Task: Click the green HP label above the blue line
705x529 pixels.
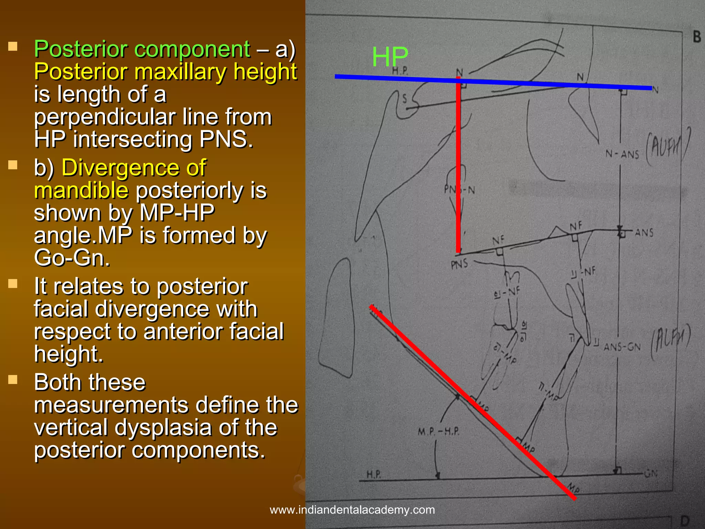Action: tap(390, 57)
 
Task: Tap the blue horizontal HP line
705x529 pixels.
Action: tap(516, 83)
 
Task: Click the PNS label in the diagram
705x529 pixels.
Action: tap(459, 264)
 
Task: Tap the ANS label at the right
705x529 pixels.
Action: tap(644, 233)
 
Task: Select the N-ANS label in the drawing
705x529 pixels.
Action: tap(622, 154)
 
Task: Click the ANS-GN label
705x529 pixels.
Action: tap(622, 347)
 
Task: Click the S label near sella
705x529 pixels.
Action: tap(405, 99)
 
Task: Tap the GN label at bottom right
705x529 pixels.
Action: tap(651, 474)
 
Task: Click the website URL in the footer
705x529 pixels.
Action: tap(352, 510)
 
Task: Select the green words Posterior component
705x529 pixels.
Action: tap(142, 49)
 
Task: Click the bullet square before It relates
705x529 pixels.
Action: tap(13, 284)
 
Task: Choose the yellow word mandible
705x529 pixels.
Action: tap(81, 190)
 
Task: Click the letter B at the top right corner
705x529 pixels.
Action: tap(696, 37)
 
